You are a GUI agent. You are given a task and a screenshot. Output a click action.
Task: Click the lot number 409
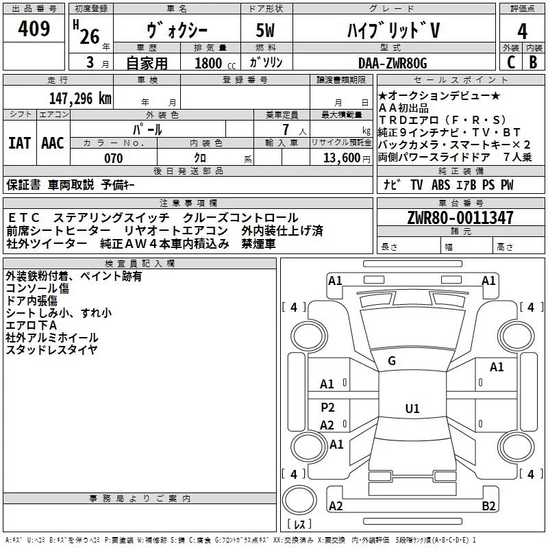pos(34,29)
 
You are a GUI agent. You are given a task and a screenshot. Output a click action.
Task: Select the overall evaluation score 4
pos(523,31)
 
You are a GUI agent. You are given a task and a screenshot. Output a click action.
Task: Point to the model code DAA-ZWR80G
pos(393,63)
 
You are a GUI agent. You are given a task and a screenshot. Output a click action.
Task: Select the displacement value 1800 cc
pos(210,64)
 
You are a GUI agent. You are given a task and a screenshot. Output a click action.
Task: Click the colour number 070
pos(113,158)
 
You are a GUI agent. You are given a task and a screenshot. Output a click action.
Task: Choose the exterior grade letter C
pos(511,62)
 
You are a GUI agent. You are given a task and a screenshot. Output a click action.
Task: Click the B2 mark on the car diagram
pos(488,506)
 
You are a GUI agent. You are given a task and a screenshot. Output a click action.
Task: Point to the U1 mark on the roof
pos(412,409)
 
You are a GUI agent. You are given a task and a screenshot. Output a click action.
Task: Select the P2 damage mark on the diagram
pos(327,408)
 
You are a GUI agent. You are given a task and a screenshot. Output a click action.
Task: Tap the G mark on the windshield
pos(392,361)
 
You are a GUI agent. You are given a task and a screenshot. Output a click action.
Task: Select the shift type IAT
pos(19,142)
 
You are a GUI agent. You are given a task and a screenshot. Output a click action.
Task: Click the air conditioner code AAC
pos(52,142)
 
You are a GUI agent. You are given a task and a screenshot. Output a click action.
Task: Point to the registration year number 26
pos(90,36)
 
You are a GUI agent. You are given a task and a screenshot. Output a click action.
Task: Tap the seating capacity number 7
pos(283,129)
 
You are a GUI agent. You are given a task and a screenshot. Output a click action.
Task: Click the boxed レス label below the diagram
pos(299,525)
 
